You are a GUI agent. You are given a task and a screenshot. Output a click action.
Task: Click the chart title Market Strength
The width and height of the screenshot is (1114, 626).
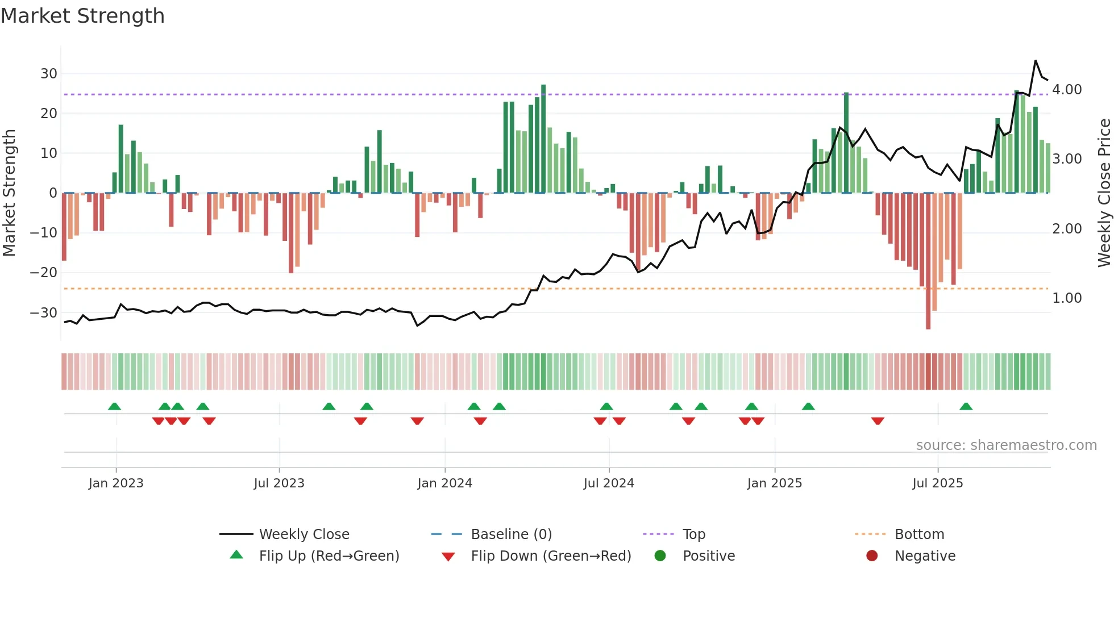82,16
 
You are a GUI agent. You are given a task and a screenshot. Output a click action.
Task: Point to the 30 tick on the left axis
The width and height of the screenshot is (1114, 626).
48,74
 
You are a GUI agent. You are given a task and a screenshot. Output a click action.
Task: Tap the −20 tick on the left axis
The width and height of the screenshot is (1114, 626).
44,273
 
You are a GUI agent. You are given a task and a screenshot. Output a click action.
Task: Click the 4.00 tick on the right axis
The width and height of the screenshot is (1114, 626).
1067,90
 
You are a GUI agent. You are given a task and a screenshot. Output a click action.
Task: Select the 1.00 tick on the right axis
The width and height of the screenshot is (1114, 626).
1067,298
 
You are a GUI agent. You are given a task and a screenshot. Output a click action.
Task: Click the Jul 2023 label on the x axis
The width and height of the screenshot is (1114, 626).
279,483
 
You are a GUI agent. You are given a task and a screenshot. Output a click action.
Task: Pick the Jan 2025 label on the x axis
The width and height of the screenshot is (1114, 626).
774,483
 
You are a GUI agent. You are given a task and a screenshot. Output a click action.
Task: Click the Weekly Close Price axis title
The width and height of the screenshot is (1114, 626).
1104,193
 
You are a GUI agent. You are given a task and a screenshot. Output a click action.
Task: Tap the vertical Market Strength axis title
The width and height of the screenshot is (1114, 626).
9,193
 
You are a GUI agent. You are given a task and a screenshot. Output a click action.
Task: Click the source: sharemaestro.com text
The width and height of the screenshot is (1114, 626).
1006,445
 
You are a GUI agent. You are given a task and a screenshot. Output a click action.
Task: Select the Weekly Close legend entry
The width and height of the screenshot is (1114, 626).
304,535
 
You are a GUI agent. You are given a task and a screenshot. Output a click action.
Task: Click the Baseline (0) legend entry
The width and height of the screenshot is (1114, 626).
511,535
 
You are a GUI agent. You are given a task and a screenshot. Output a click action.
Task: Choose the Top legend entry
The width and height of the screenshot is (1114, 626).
693,535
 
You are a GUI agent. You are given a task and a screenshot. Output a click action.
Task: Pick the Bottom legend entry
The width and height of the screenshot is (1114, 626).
919,535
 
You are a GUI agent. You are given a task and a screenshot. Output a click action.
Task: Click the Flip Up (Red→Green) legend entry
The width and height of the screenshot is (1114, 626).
329,556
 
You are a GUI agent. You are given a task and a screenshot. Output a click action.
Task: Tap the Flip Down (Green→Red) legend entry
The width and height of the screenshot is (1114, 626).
551,556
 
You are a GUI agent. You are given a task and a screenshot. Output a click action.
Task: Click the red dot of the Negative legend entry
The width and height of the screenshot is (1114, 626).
872,556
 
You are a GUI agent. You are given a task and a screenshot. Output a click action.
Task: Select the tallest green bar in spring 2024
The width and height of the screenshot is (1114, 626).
543,139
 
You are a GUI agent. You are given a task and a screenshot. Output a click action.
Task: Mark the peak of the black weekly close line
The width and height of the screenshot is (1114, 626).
1036,61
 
